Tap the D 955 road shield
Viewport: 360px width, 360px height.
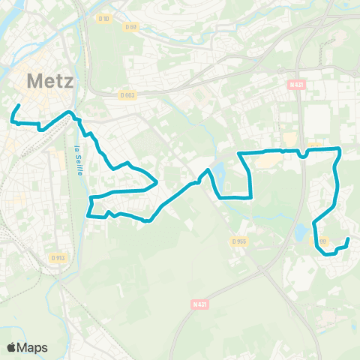[238, 241]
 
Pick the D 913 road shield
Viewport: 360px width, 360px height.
[58, 257]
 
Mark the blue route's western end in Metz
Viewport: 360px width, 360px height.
[18, 104]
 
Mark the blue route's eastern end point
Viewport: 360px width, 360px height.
[349, 239]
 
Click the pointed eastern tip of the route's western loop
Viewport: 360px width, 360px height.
[156, 181]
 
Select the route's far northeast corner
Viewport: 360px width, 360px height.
[340, 149]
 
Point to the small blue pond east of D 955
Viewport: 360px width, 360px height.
[301, 232]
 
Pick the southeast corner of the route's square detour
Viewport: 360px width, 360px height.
[250, 197]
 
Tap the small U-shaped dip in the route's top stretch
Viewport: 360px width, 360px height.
[302, 155]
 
